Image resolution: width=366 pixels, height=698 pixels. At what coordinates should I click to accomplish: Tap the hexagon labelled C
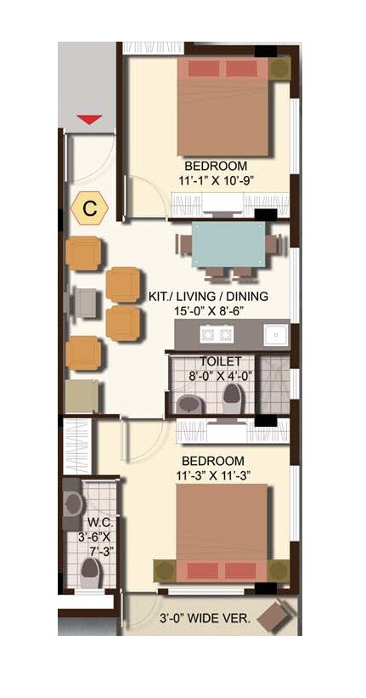pyautogui.click(x=89, y=207)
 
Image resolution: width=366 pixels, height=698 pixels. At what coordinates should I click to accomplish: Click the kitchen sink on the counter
pyautogui.click(x=273, y=334)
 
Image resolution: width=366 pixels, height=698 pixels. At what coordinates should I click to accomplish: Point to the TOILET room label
pyautogui.click(x=221, y=360)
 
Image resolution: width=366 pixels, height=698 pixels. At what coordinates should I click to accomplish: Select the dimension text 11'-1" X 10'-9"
pyautogui.click(x=217, y=180)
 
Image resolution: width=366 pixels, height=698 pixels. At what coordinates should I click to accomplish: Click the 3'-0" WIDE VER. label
pyautogui.click(x=206, y=619)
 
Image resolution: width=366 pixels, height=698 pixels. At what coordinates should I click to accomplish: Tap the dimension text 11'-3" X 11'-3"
pyautogui.click(x=224, y=474)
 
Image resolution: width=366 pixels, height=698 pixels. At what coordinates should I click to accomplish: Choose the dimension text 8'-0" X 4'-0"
pyautogui.click(x=220, y=375)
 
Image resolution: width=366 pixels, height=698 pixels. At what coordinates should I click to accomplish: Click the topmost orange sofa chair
pyautogui.click(x=84, y=253)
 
